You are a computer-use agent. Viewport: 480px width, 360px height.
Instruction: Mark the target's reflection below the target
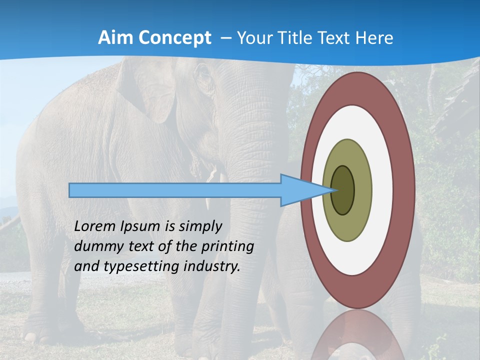357,337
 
